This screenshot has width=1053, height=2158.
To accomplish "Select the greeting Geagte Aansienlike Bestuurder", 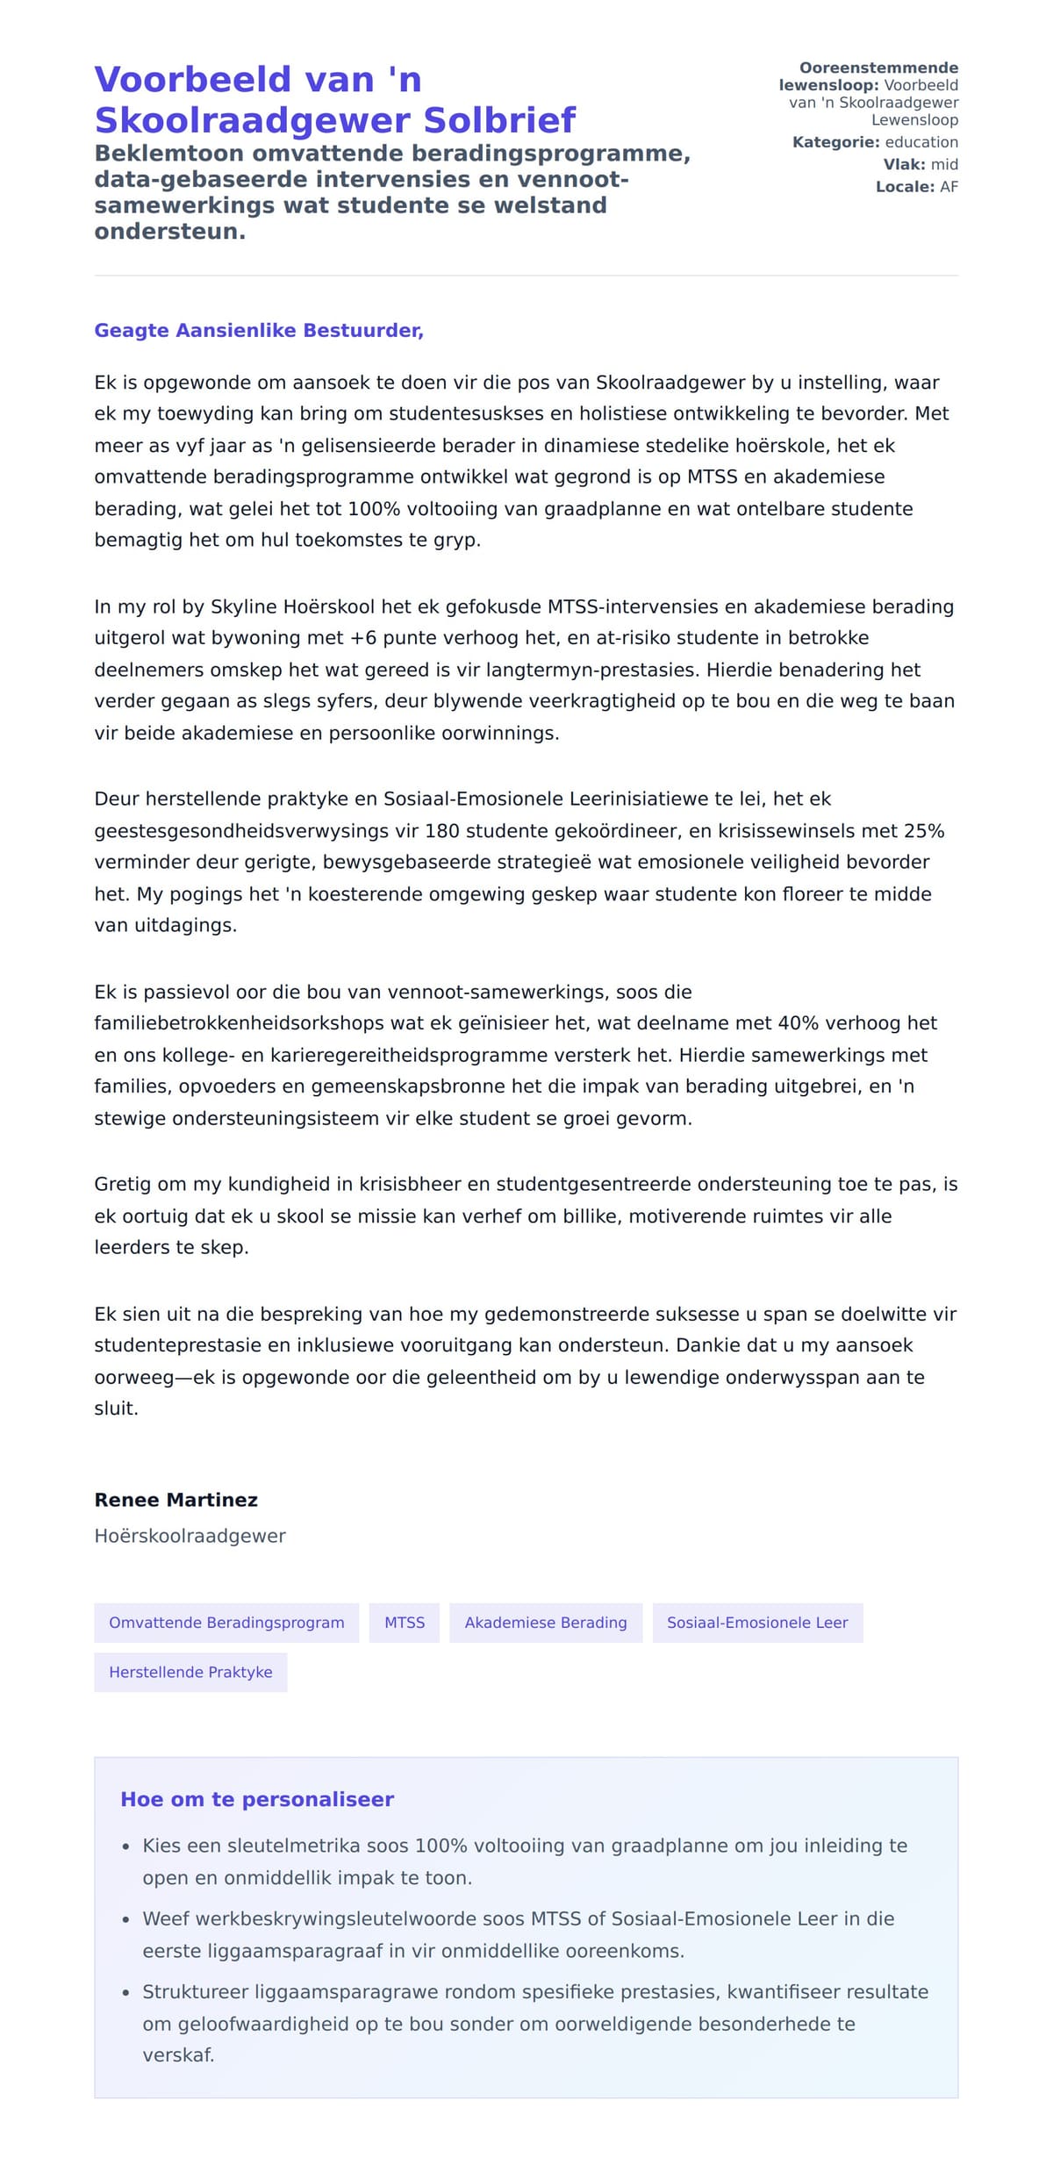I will pyautogui.click(x=259, y=331).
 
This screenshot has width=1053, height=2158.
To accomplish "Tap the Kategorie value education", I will pyautogui.click(x=920, y=142).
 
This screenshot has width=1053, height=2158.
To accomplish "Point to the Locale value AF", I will pyautogui.click(x=949, y=187).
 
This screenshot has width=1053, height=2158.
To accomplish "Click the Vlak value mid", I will pyautogui.click(x=944, y=165).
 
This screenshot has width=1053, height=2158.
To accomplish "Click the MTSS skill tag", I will pyautogui.click(x=404, y=1623).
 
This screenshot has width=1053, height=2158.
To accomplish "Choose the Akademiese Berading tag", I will pyautogui.click(x=545, y=1623).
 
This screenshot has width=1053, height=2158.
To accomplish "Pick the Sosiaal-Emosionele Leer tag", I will pyautogui.click(x=756, y=1623).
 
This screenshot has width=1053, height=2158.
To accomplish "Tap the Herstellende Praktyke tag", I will pyautogui.click(x=190, y=1672).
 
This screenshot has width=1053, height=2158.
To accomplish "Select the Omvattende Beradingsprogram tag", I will pyautogui.click(x=226, y=1623).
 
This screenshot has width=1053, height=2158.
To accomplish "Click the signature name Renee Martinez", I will pyautogui.click(x=175, y=1500).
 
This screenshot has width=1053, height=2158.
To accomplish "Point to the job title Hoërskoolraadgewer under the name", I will pyautogui.click(x=190, y=1536).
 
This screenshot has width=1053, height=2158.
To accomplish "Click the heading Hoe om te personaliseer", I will pyautogui.click(x=256, y=1799).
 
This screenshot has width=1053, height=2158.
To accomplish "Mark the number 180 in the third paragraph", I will pyautogui.click(x=442, y=831).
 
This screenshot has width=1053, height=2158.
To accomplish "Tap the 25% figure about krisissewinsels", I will pyautogui.click(x=923, y=831).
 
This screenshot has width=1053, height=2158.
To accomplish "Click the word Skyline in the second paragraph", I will pyautogui.click(x=243, y=606).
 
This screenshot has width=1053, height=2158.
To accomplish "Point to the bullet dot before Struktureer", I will pyautogui.click(x=126, y=1994).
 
